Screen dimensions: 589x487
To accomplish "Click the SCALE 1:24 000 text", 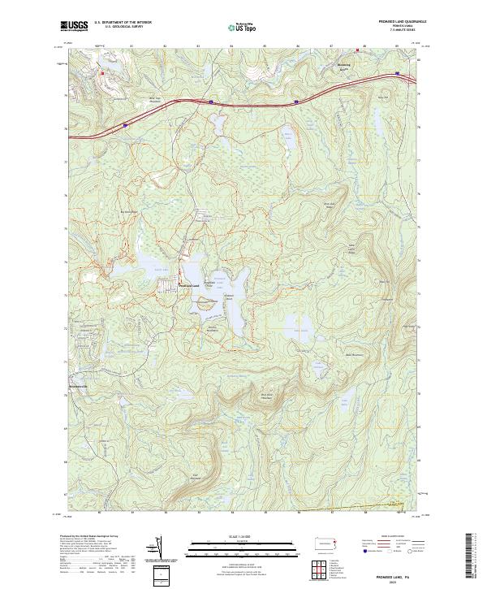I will pyautogui.click(x=234, y=535).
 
